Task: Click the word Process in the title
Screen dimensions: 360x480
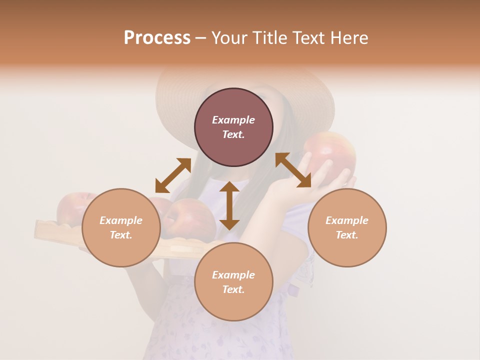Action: pos(157,38)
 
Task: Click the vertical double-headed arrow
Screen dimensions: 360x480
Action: pos(229,205)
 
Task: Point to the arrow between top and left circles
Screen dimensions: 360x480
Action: pos(173,175)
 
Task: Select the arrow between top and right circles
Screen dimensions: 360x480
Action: pos(293,170)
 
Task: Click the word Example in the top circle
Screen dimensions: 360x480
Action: pos(233,120)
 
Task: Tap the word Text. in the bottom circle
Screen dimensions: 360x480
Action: pos(233,289)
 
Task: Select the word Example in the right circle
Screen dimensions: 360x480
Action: pos(347,220)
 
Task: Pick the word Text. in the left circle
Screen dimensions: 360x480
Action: pos(121,235)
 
